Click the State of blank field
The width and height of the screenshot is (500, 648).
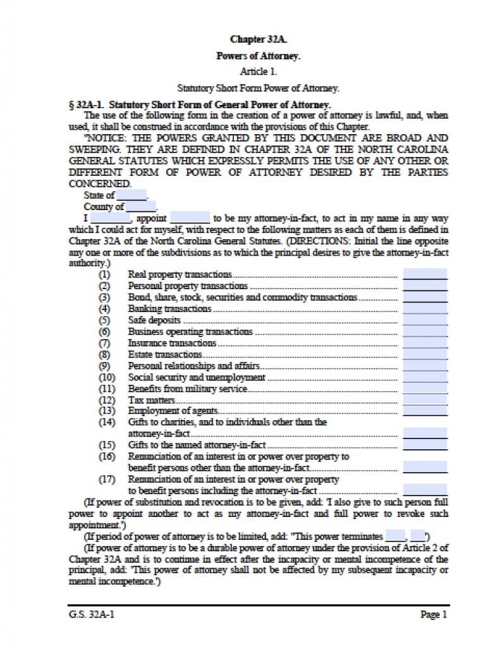(131, 196)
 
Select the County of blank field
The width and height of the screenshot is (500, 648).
(140, 206)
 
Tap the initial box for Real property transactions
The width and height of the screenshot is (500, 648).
(425, 275)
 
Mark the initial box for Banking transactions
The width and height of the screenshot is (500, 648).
(425, 309)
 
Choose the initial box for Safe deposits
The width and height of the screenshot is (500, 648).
(425, 320)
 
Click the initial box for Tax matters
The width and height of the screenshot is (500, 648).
(425, 400)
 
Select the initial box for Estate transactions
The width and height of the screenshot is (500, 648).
(425, 354)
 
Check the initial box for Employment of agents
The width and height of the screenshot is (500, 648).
(425, 411)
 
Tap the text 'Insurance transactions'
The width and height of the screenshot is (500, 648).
(172, 343)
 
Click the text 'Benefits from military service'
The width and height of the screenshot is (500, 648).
(187, 389)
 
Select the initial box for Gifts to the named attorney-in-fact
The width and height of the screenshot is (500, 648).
(425, 445)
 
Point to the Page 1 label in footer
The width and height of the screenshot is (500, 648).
(434, 614)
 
